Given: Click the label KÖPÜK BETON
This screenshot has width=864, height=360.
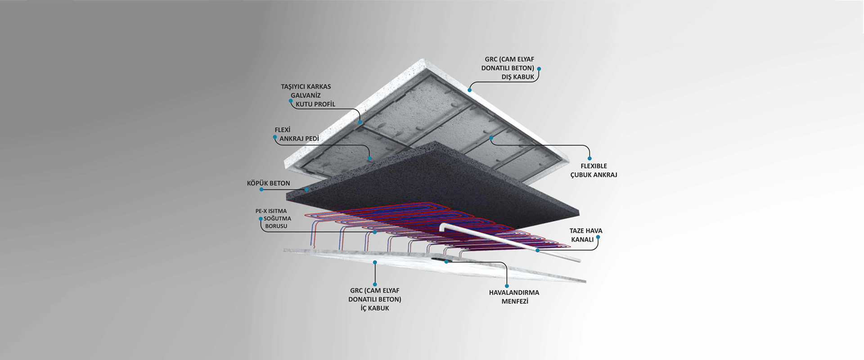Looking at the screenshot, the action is pyautogui.click(x=268, y=183).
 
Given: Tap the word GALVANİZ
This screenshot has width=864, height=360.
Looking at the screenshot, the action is pyautogui.click(x=306, y=95).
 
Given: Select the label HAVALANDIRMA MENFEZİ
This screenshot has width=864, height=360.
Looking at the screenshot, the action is pyautogui.click(x=514, y=297).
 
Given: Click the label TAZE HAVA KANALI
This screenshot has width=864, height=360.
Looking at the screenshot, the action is pyautogui.click(x=586, y=235).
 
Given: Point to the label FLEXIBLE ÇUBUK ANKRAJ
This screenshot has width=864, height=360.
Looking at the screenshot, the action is pyautogui.click(x=594, y=171).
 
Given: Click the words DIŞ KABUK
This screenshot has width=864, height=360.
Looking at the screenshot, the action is pyautogui.click(x=518, y=77).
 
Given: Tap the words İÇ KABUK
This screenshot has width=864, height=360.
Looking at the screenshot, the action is pyautogui.click(x=375, y=308).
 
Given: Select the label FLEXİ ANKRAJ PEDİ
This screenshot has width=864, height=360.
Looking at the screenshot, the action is pyautogui.click(x=297, y=134).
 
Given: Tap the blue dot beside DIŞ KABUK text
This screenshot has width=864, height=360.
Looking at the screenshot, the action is pyautogui.click(x=539, y=69).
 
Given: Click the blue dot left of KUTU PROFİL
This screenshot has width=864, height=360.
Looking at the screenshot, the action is pyautogui.click(x=291, y=101).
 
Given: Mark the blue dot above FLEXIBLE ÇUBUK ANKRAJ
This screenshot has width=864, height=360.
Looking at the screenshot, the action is pyautogui.click(x=589, y=158).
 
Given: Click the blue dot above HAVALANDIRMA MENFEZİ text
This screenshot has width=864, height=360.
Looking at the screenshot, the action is pyautogui.click(x=507, y=286).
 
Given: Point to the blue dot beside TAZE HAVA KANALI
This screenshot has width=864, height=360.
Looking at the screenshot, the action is pyautogui.click(x=598, y=237).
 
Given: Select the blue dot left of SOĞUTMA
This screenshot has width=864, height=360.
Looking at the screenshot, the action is pyautogui.click(x=260, y=219).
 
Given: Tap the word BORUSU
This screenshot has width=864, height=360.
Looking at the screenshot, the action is pyautogui.click(x=276, y=226).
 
